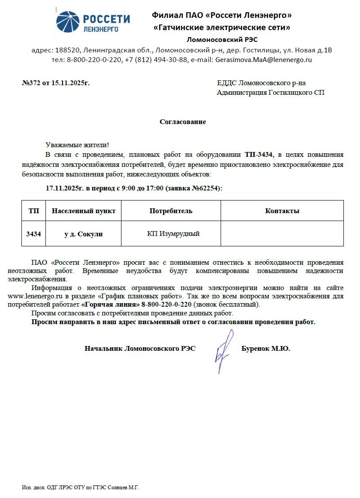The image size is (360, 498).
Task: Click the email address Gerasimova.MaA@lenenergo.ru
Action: pyautogui.click(x=263, y=59)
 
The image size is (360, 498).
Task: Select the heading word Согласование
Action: pyautogui.click(x=183, y=122)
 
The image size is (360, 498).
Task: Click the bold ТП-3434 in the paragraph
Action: pyautogui.click(x=259, y=155)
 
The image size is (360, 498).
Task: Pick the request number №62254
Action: pyautogui.click(x=208, y=188)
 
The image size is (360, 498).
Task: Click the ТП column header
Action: pyautogui.click(x=34, y=211)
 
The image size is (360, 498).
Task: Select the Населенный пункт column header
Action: pyautogui.click(x=83, y=211)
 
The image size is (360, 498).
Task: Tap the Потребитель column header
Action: pyautogui.click(x=171, y=211)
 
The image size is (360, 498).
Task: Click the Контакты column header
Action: pyautogui.click(x=282, y=211)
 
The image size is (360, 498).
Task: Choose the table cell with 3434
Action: pyautogui.click(x=34, y=234)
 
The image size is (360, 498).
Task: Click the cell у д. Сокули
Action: pyautogui.click(x=83, y=234)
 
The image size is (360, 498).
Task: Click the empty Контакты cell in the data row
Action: pyautogui.click(x=282, y=234)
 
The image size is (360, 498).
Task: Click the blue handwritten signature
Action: pyautogui.click(x=223, y=349)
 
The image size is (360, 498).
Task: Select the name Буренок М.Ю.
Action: pyautogui.click(x=266, y=349)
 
